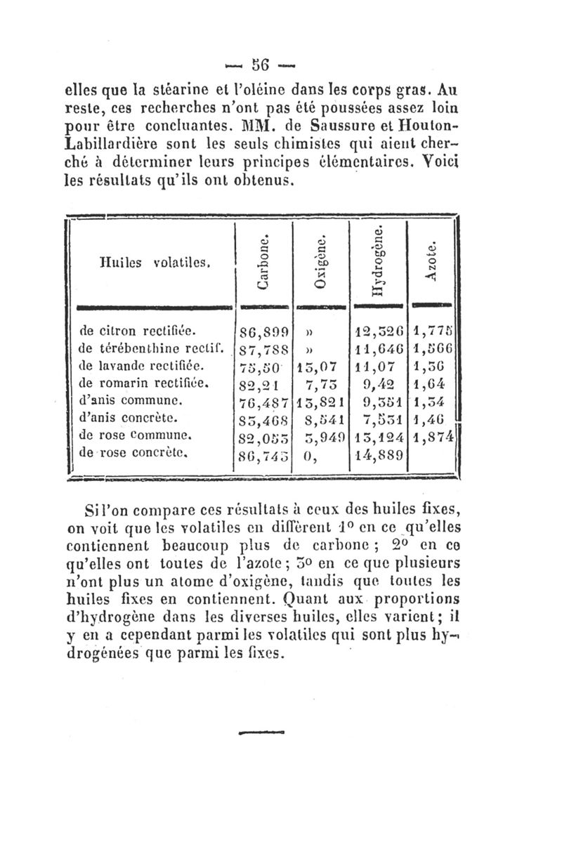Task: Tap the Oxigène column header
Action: click(x=321, y=261)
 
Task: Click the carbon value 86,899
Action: click(x=261, y=330)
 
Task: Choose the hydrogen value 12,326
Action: click(x=380, y=330)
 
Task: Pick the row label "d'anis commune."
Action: click(x=131, y=400)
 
